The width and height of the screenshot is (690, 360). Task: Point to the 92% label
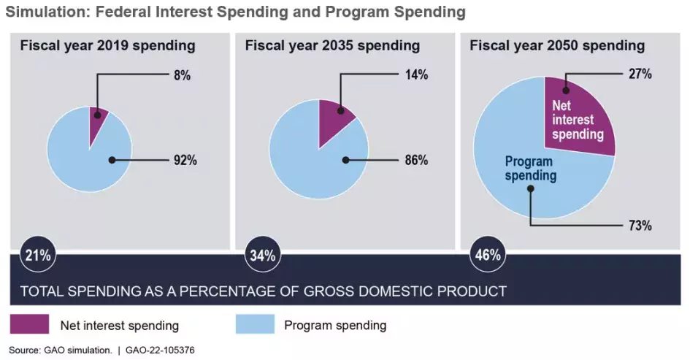coord(185,160)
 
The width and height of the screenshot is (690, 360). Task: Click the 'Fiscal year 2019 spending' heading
coord(107,46)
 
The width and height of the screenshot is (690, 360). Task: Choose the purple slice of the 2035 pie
coord(334,118)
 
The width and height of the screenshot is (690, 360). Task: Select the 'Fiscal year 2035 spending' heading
coord(332,46)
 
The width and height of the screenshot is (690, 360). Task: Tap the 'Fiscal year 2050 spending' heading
coord(557,46)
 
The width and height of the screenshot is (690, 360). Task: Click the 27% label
coord(639,74)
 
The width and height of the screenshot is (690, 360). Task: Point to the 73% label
coord(639,226)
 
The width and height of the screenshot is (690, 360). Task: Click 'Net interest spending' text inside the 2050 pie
coord(577,120)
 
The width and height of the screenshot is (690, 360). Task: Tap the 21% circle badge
coord(38,256)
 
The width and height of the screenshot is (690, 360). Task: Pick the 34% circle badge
coord(263,256)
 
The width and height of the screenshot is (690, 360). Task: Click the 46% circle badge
coord(488,256)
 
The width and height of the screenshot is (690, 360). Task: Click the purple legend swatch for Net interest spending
coord(29,324)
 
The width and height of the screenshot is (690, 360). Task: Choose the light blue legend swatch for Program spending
coord(255,324)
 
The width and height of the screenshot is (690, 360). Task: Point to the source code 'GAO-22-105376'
coord(161,350)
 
